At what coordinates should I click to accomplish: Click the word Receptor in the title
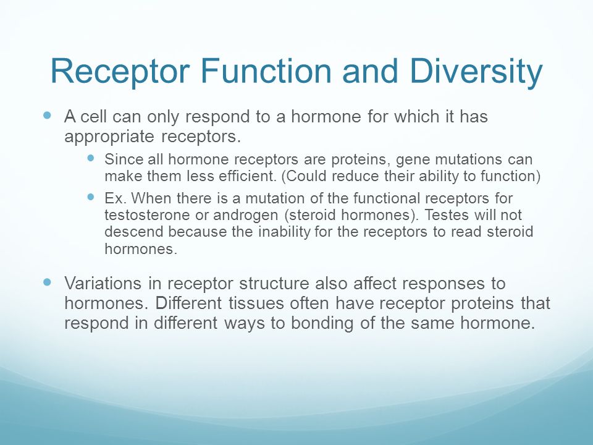[120, 72]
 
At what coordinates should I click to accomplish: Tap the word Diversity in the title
[476, 72]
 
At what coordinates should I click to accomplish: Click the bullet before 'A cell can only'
[48, 115]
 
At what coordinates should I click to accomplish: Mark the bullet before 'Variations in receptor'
[48, 282]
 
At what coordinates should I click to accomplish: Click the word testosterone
[148, 215]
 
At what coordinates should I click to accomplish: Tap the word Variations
[103, 283]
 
